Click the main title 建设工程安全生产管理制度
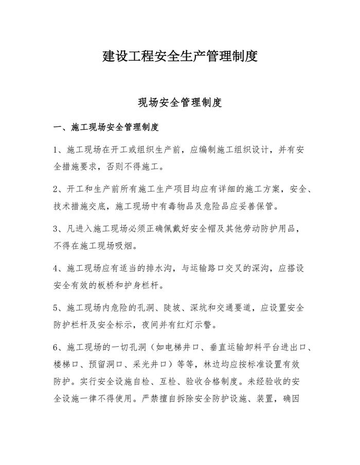tap(179, 56)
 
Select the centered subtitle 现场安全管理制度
tap(179, 102)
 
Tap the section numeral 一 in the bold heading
tap(58, 127)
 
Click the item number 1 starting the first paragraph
tap(57, 150)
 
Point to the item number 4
tap(57, 268)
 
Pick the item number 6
tap(57, 348)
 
